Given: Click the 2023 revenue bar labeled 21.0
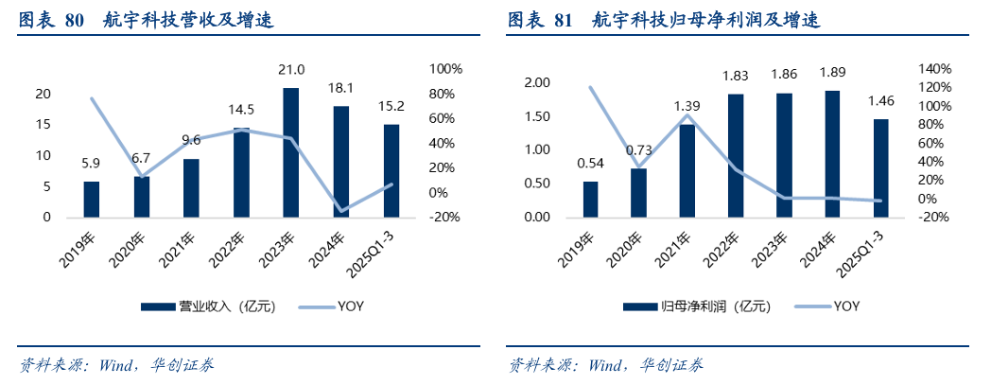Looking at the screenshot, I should (x=291, y=152).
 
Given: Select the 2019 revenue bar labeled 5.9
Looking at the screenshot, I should (x=92, y=200).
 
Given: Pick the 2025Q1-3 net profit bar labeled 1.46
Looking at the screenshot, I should (x=880, y=168).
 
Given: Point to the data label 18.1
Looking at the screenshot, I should (x=341, y=88).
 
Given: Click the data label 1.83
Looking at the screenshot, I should (x=735, y=76).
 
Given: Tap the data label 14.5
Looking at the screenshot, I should (x=241, y=110).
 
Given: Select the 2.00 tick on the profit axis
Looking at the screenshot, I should (x=535, y=83).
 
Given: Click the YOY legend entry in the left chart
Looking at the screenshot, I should (x=351, y=306).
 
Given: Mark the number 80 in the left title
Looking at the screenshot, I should (x=76, y=19).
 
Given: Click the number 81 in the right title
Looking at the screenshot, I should (x=563, y=19).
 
